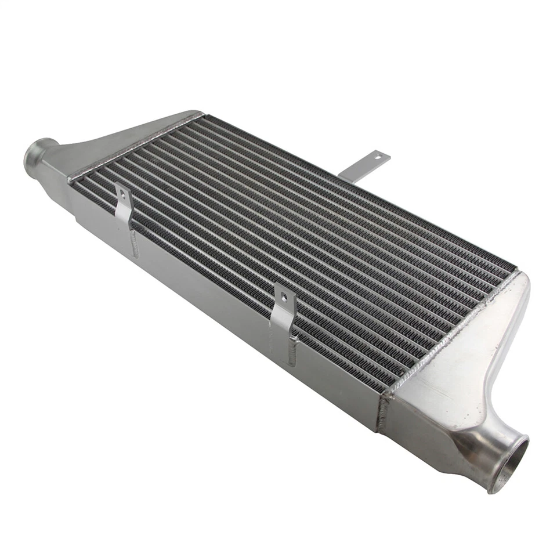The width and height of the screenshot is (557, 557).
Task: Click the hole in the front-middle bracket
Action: click(x=284, y=298)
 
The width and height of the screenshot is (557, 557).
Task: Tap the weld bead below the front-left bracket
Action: click(x=135, y=244)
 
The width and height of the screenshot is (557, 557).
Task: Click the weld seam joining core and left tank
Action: click(x=133, y=145)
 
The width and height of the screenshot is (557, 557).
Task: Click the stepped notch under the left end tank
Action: click(x=78, y=218)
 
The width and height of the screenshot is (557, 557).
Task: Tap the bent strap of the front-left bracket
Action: click(x=124, y=209)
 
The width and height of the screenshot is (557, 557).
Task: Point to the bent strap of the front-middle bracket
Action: click(x=281, y=319)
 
